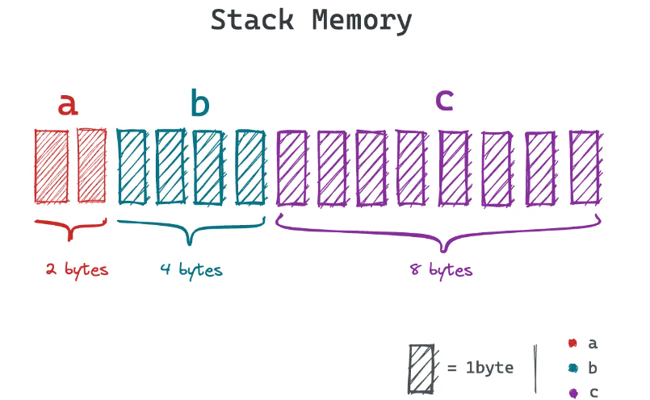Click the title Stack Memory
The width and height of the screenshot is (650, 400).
point(311,20)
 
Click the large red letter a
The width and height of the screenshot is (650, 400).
point(68,104)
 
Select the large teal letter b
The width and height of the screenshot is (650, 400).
point(199,104)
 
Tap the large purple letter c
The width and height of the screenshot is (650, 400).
point(444,101)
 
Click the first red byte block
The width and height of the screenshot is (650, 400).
point(49,165)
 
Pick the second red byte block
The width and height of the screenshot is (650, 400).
point(91,165)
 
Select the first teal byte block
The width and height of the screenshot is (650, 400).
point(132,166)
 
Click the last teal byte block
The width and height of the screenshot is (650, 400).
point(250,166)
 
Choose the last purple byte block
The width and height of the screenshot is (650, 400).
point(585,167)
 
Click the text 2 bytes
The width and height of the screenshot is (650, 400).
point(77,269)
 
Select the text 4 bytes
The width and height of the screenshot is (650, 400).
point(191,269)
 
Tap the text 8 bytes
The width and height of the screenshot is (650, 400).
point(441,270)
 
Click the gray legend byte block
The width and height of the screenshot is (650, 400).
point(421,368)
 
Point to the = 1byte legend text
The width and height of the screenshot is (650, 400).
point(480,368)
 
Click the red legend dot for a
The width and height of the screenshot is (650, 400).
point(572,343)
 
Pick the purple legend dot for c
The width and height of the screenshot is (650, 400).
point(573,394)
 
